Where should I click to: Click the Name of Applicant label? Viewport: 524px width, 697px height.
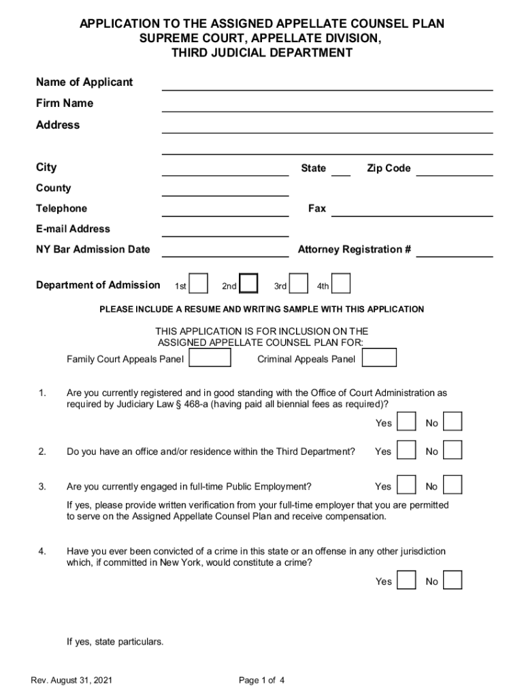(84, 82)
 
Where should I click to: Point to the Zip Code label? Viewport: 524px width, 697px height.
(389, 168)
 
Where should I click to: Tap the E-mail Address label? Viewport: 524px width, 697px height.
(73, 229)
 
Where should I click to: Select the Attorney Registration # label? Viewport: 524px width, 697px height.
(354, 249)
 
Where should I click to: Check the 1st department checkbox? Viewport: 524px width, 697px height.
(198, 284)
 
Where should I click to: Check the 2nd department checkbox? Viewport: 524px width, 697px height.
(249, 284)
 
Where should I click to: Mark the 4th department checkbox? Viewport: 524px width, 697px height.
(341, 284)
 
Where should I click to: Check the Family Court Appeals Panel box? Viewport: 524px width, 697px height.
(210, 358)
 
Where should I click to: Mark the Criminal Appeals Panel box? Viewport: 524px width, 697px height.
(380, 358)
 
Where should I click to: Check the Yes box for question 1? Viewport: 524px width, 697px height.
(406, 422)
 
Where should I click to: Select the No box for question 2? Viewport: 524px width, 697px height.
(453, 451)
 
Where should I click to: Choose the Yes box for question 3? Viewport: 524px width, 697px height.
(406, 485)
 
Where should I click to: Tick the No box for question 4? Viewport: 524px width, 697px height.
(453, 580)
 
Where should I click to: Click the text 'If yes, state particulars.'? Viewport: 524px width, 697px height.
(115, 642)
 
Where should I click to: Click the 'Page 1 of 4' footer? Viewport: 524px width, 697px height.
(262, 681)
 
